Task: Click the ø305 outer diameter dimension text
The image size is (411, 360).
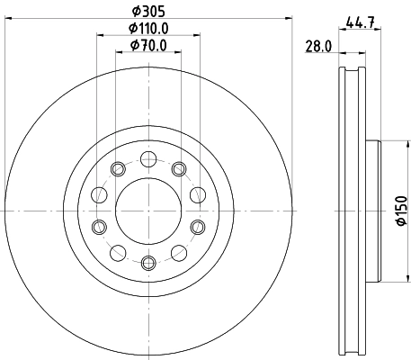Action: click(x=148, y=11)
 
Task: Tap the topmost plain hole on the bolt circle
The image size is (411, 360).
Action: click(x=148, y=159)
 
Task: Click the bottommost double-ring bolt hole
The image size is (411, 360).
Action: click(x=148, y=264)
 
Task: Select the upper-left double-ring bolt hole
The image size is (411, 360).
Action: click(x=117, y=168)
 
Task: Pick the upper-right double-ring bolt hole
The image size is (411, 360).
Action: click(x=179, y=168)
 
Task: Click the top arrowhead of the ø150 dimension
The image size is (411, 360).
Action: click(x=384, y=143)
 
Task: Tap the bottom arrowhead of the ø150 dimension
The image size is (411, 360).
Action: click(x=384, y=279)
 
